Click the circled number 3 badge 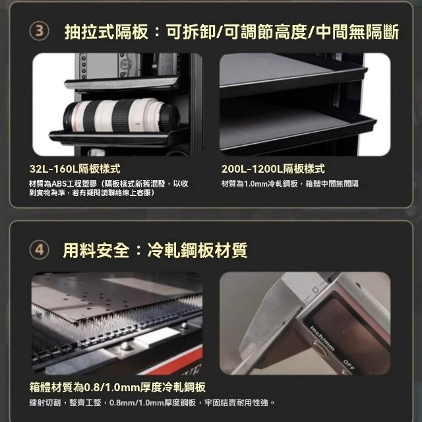point(40,31)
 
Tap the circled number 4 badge point(40,250)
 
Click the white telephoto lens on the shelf point(121,115)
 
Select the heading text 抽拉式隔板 point(106,32)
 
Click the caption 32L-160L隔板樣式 point(75,169)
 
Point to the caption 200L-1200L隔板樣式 point(273,169)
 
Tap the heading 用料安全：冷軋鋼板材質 point(155,251)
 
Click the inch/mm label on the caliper point(322,338)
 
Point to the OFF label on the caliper point(349,364)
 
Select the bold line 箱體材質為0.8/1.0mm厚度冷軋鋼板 point(117,387)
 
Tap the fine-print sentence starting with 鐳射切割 point(152,403)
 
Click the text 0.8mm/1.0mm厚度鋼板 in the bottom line point(152,403)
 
